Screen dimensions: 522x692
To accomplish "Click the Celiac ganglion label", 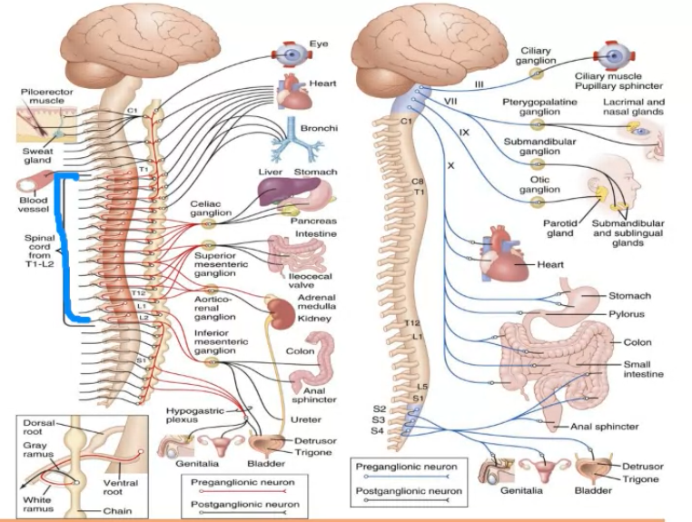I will (x=211, y=208).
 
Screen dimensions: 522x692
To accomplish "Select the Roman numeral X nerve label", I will (x=450, y=165).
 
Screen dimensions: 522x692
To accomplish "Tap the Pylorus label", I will (x=626, y=313).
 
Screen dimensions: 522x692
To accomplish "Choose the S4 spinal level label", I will (x=378, y=430).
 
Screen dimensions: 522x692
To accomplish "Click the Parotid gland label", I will (x=559, y=227).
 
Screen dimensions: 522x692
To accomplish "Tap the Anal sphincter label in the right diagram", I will (x=605, y=426).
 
